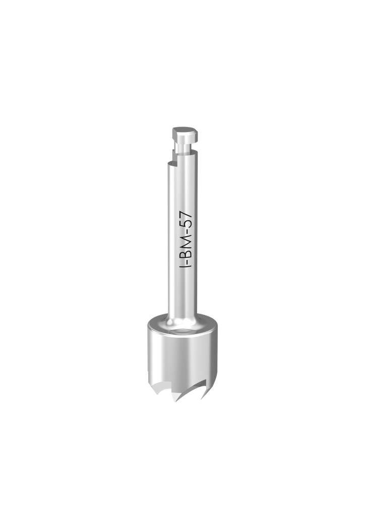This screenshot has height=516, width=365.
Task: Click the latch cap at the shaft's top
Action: point(185,134)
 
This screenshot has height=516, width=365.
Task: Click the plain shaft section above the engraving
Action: point(182,186)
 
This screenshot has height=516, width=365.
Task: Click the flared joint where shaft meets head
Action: point(182,319)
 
